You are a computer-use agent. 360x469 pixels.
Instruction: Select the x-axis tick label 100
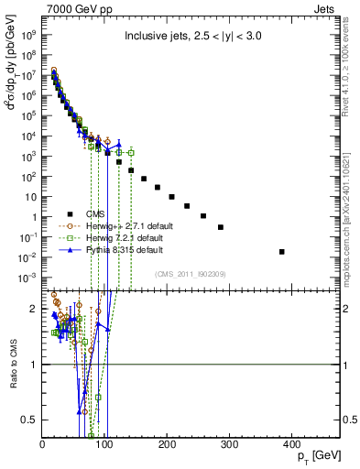tap(104, 445)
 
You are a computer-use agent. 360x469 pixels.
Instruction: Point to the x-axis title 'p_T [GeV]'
tap(314, 456)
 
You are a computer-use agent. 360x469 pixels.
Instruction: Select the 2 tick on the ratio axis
tap(35, 309)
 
